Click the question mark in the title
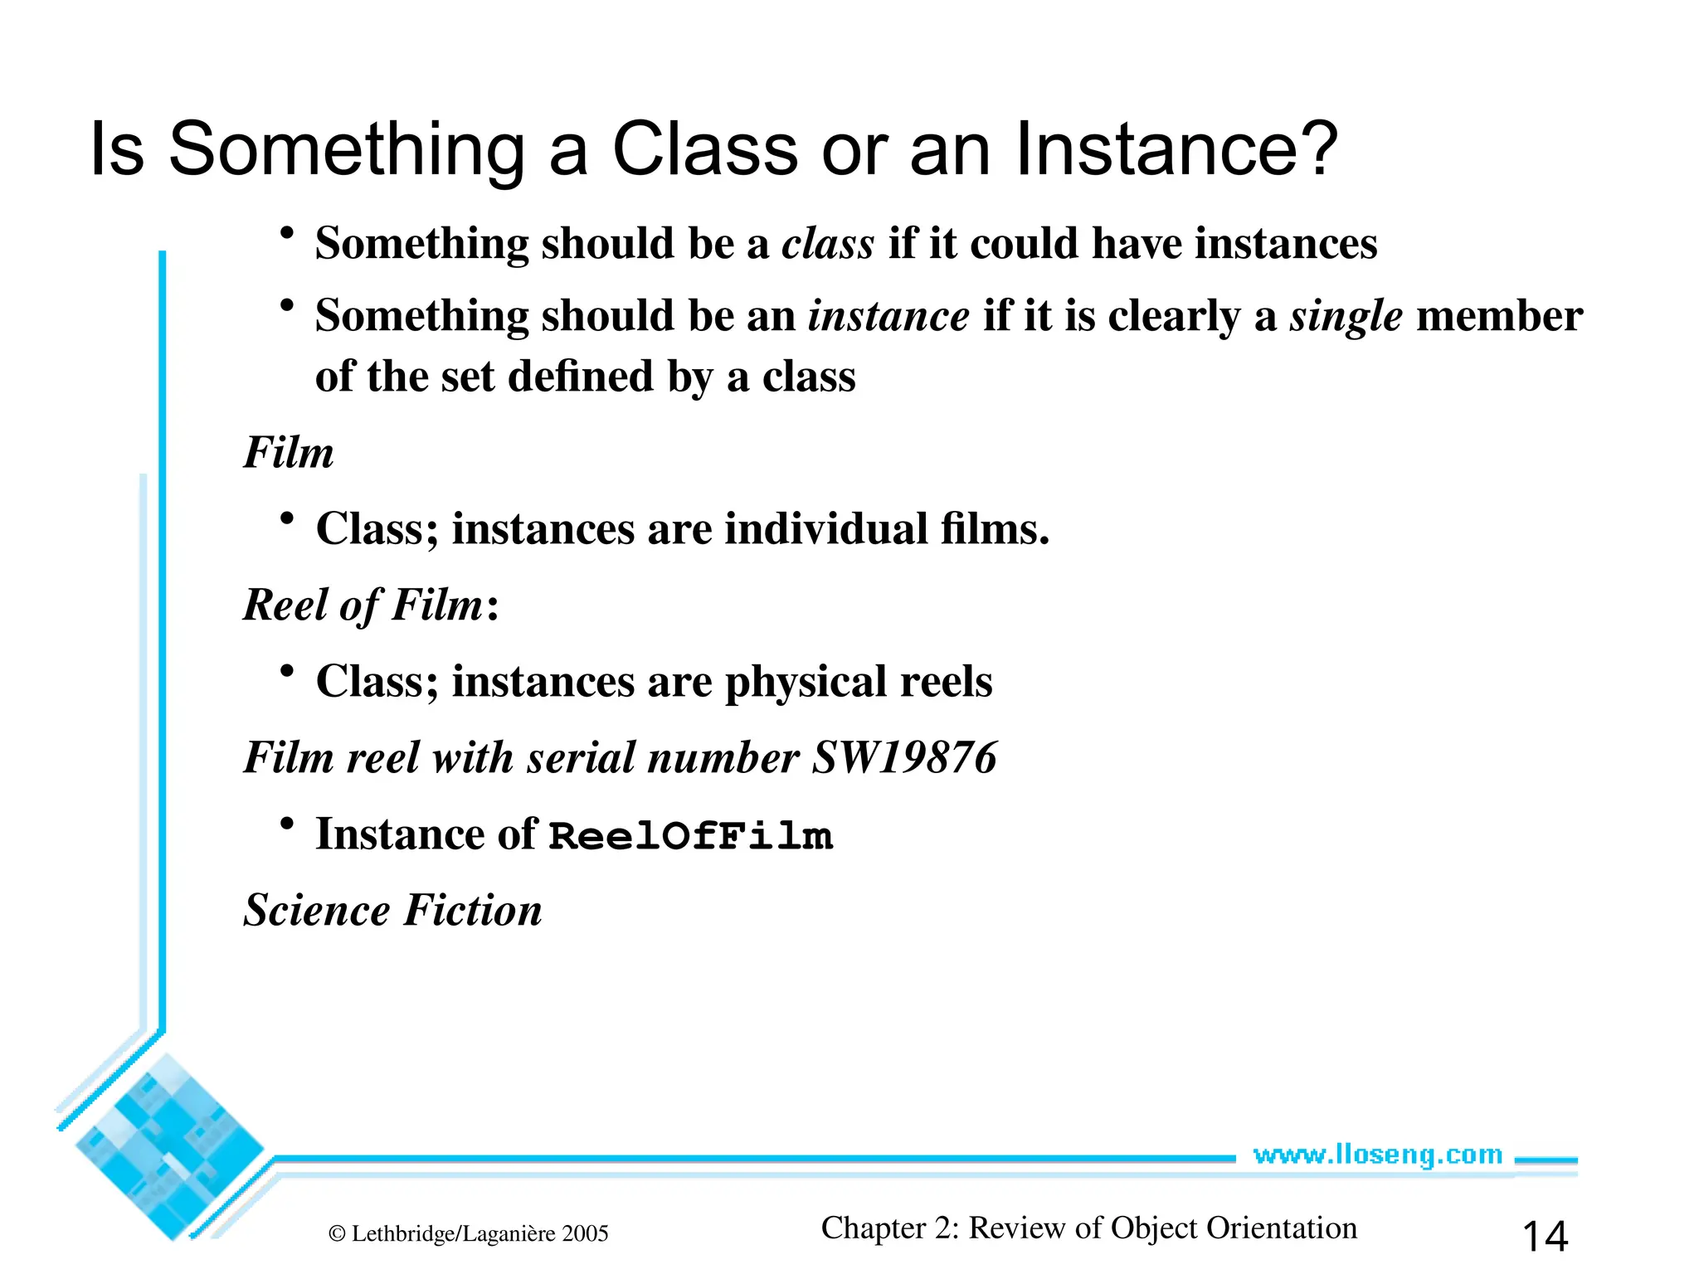coord(1312,149)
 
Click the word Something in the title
coord(346,149)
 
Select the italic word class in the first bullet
coord(828,244)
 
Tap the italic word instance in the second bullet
coord(888,316)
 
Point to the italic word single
coord(1346,316)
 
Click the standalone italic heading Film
coord(288,453)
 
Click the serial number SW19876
coord(904,758)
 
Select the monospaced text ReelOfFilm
coord(690,836)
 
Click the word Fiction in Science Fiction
coord(473,911)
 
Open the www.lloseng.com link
coord(1377,1155)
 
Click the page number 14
coord(1545,1236)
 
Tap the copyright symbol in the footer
coord(337,1234)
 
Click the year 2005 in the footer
coord(585,1234)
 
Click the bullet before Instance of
coord(287,824)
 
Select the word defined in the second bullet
coord(580,377)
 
